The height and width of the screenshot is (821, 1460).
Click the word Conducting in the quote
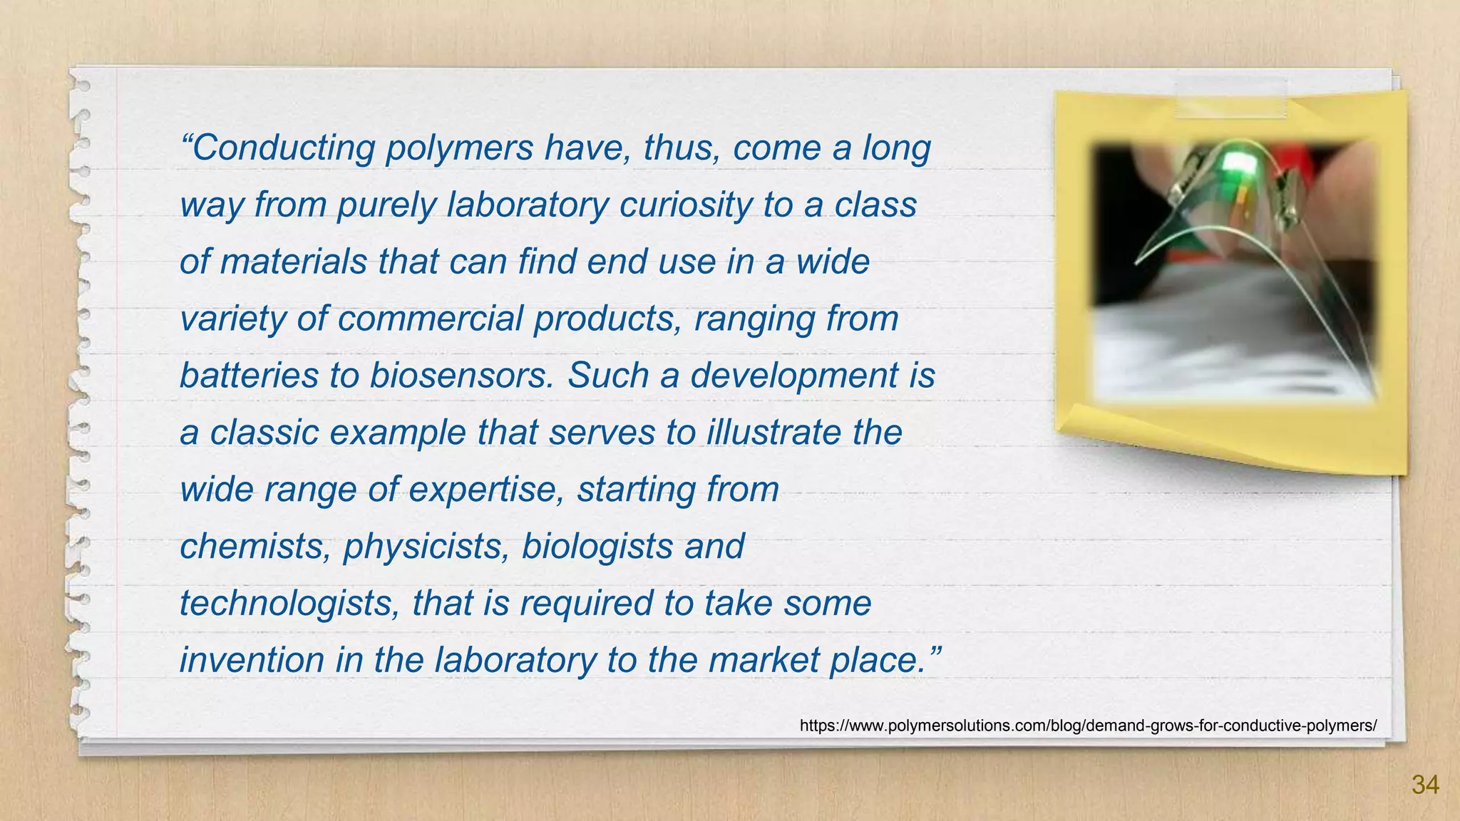283,148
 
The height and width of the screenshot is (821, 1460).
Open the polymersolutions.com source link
1088,726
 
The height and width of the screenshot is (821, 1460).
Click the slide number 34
1425,785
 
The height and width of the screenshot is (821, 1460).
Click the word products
608,319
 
